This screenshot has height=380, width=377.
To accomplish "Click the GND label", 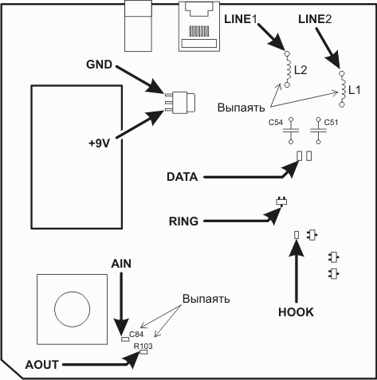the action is click(x=99, y=65).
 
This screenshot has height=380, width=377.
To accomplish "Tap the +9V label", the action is click(x=99, y=143).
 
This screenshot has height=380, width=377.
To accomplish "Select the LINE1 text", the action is click(x=241, y=19).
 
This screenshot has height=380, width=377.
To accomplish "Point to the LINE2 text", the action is click(x=315, y=19).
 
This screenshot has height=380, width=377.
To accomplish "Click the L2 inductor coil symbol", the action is click(x=287, y=69).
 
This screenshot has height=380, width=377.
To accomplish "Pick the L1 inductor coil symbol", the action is click(x=342, y=89).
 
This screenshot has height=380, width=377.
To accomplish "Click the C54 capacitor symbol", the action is click(x=291, y=131).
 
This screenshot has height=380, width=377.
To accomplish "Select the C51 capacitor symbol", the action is click(x=318, y=131).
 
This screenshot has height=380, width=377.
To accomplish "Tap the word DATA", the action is click(x=183, y=177).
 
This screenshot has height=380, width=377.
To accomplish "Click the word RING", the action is click(x=183, y=221).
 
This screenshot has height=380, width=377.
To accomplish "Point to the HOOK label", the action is click(x=296, y=312).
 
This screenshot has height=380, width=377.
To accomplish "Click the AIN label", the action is click(x=121, y=264).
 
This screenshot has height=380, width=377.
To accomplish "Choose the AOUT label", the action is click(x=42, y=365).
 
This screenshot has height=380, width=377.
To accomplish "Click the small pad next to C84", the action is click(x=125, y=339).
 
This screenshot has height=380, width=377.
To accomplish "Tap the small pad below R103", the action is click(x=143, y=352).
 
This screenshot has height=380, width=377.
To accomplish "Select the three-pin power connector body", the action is click(x=184, y=102).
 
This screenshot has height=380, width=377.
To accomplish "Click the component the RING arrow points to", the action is click(x=281, y=202).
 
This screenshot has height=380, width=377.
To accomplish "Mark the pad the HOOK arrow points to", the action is click(x=296, y=235).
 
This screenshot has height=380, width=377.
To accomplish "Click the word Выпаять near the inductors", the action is click(x=241, y=108).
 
